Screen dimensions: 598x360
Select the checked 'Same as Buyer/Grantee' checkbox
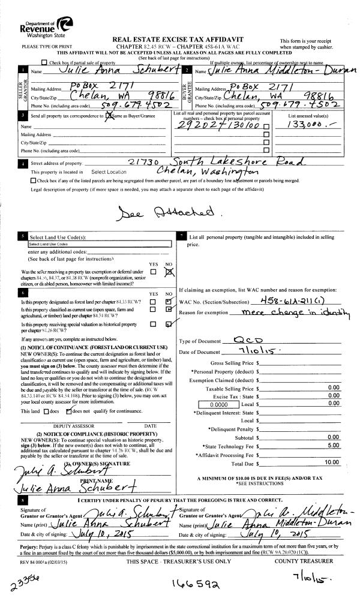(109, 115)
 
